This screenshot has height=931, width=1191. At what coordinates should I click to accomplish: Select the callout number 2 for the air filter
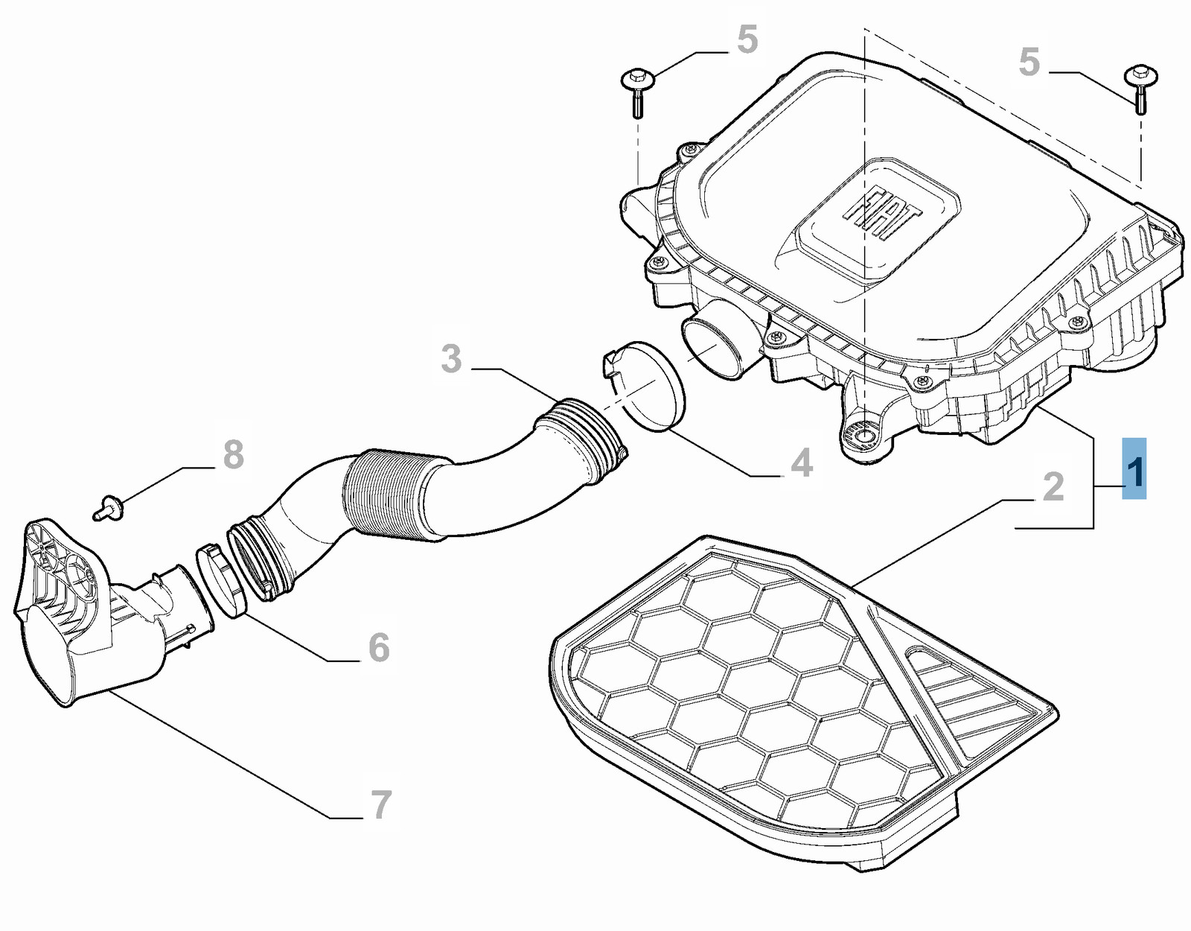(1053, 486)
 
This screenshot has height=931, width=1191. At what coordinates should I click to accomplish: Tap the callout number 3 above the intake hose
(452, 359)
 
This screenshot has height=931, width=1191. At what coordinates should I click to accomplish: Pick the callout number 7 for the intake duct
(381, 805)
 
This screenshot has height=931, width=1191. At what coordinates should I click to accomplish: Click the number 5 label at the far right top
(1029, 62)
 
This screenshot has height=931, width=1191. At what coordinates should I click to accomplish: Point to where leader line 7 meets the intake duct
(111, 692)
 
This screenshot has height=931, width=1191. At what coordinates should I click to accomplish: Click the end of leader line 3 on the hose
(561, 399)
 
